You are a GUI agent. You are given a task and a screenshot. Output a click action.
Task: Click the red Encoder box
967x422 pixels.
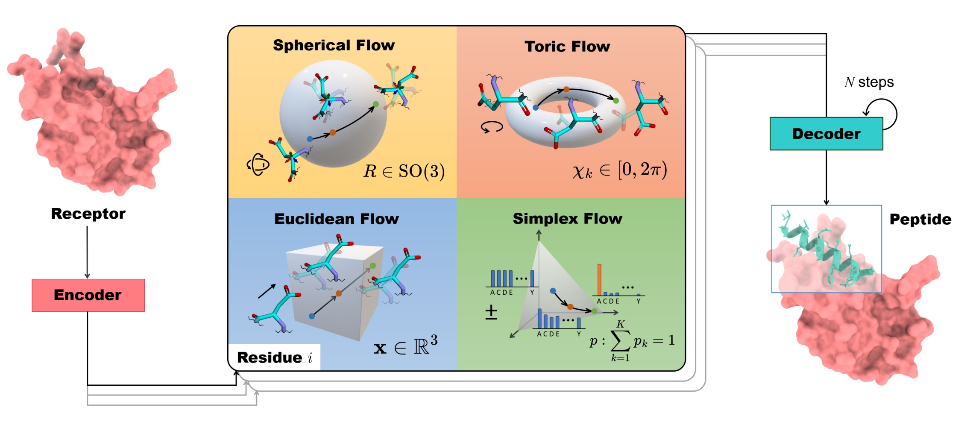pyautogui.click(x=88, y=295)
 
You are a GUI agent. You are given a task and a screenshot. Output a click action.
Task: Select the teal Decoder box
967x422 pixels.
pyautogui.click(x=826, y=134)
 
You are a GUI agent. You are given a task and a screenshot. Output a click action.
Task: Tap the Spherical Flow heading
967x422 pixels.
pyautogui.click(x=334, y=45)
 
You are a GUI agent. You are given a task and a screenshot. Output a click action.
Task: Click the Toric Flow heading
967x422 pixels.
pyautogui.click(x=567, y=47)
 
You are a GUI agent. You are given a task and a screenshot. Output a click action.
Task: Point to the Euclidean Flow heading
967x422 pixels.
pyautogui.click(x=337, y=219)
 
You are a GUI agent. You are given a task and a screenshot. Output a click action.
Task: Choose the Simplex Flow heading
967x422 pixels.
pyautogui.click(x=567, y=219)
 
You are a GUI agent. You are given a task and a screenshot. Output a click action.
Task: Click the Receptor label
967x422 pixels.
pyautogui.click(x=88, y=214)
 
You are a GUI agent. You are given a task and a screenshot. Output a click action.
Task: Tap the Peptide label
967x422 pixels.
pyautogui.click(x=920, y=220)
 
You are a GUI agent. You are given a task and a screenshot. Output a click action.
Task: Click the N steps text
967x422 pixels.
pyautogui.click(x=869, y=82)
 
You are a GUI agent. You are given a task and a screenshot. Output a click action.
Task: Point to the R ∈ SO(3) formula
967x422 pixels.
pyautogui.click(x=404, y=171)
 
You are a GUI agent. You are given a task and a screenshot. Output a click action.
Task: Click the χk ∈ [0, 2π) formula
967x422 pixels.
pyautogui.click(x=619, y=170)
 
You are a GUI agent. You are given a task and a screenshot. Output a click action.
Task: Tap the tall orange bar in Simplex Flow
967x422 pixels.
pyautogui.click(x=599, y=279)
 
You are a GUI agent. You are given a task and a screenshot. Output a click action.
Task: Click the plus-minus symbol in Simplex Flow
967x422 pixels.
pyautogui.click(x=491, y=312)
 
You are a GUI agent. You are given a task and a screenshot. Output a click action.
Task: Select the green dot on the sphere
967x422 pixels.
pyautogui.click(x=376, y=104)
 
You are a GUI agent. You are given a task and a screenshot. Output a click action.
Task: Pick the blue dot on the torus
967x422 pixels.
pyautogui.click(x=536, y=108)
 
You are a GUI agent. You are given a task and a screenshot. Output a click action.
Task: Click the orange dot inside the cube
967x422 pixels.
pyautogui.click(x=339, y=293)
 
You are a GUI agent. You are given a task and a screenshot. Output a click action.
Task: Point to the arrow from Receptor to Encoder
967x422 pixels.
pyautogui.click(x=87, y=252)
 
